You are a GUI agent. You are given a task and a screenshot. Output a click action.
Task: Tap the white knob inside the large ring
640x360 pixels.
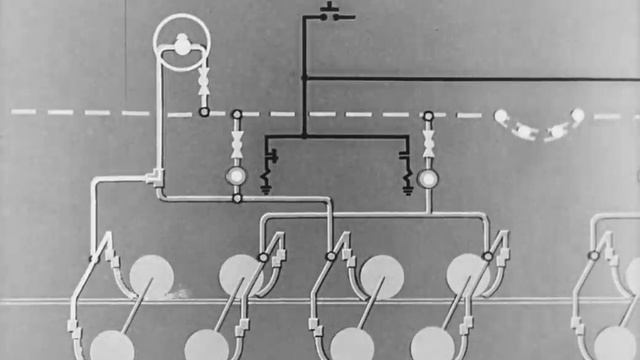183,42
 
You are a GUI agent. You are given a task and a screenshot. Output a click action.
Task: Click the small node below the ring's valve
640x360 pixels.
204,112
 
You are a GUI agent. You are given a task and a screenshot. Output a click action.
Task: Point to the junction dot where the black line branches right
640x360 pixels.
305,77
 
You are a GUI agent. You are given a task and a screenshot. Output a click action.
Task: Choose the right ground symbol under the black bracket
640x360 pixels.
408,183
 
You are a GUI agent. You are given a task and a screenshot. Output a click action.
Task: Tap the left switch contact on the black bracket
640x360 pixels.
268,157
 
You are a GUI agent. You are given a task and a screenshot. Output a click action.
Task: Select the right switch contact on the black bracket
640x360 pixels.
405,157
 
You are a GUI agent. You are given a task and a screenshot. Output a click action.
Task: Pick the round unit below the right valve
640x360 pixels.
428,179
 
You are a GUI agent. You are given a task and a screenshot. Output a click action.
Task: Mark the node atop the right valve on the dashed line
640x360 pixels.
428,116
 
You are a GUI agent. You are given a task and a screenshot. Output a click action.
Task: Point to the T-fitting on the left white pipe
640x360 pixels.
155,177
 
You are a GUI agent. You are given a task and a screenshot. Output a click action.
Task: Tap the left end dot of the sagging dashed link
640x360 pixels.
501,116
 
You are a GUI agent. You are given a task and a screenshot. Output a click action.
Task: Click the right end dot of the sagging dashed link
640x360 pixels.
577,115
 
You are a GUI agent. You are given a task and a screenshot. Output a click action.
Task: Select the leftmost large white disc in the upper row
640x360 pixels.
151,276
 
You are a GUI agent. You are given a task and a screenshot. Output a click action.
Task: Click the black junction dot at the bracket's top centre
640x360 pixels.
305,136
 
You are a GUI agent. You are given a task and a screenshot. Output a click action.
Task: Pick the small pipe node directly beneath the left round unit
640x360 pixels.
237,198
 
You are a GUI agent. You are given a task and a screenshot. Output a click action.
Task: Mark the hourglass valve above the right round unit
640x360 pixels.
428,143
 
